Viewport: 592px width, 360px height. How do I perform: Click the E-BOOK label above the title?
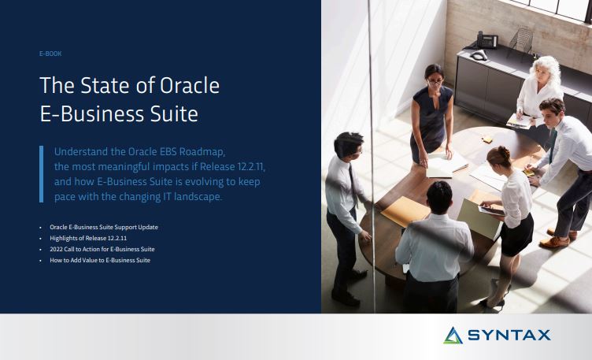[50, 54]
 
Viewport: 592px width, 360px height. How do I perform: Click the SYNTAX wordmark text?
[509, 335]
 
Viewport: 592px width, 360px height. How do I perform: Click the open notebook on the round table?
[446, 165]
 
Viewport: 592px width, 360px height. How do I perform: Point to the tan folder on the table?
[406, 211]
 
